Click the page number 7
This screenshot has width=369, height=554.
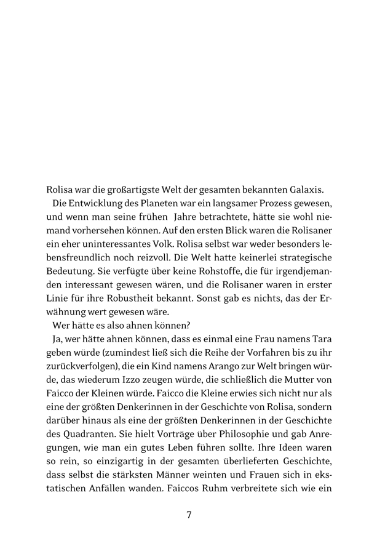(189, 515)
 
